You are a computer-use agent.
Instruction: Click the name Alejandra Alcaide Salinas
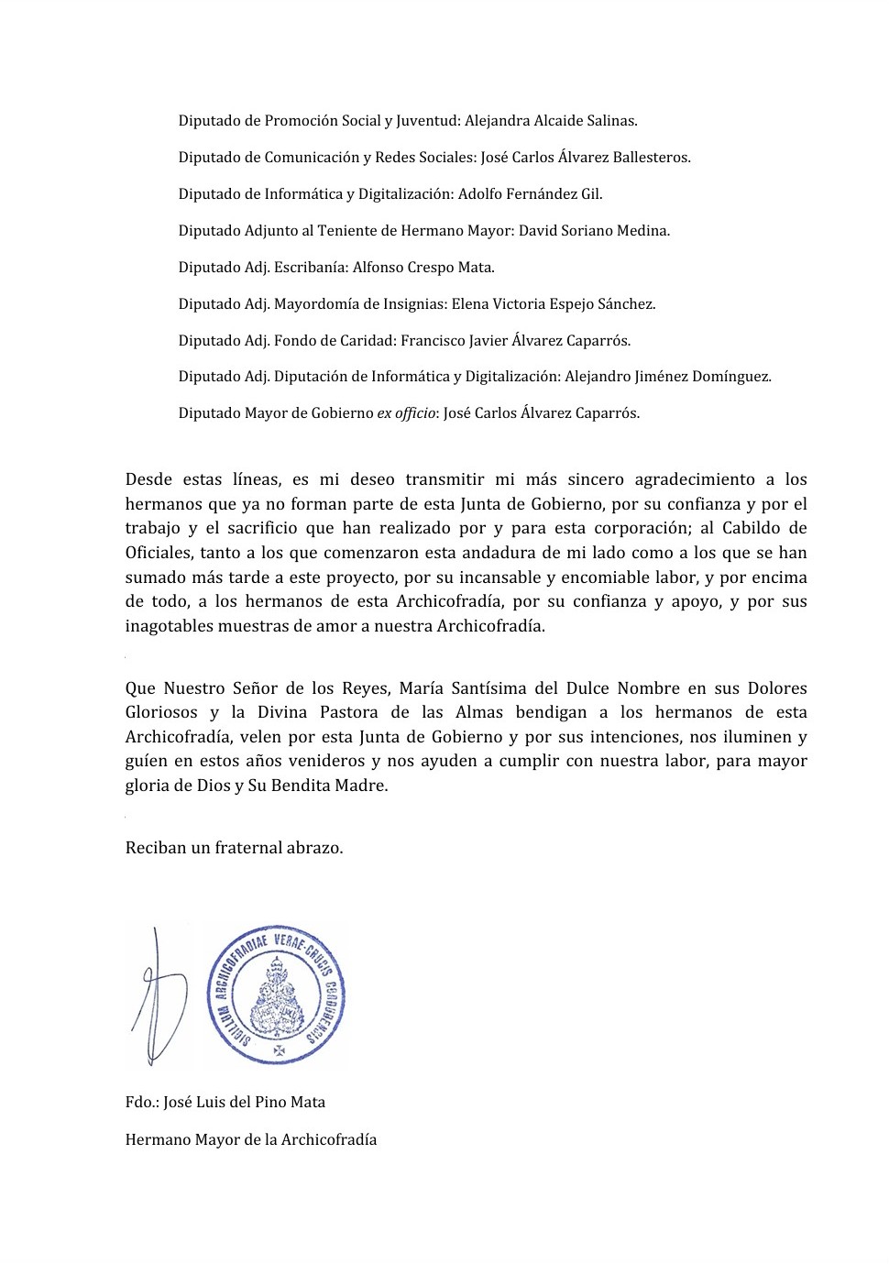[x=550, y=121]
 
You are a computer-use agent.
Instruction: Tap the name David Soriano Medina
[x=594, y=231]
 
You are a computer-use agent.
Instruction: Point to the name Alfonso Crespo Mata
[x=423, y=268]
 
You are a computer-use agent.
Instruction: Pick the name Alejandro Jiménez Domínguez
[x=667, y=377]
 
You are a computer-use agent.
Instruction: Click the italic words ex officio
[x=405, y=413]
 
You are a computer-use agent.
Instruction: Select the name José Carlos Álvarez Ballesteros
[x=585, y=158]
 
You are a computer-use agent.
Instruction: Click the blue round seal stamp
[x=276, y=995]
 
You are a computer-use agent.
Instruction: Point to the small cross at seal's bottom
[x=279, y=1050]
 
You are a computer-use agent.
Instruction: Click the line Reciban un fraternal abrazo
[x=234, y=848]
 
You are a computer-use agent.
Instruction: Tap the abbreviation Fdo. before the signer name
[x=142, y=1103]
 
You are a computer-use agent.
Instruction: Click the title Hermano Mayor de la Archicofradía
[x=251, y=1140]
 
